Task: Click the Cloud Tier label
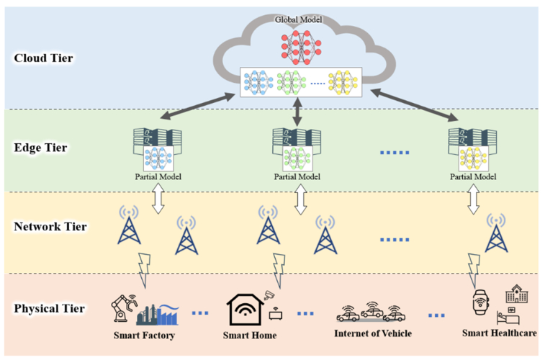tap(42, 58)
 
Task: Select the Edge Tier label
tap(41, 148)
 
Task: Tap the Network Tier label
tap(50, 227)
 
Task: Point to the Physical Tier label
tap(49, 309)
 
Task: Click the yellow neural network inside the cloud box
tap(343, 83)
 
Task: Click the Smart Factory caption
tap(144, 335)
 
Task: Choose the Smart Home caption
tap(250, 335)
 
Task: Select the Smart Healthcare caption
tap(498, 333)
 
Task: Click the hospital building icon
tap(515, 294)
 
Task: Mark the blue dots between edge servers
tap(394, 153)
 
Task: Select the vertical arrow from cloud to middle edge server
tap(297, 112)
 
